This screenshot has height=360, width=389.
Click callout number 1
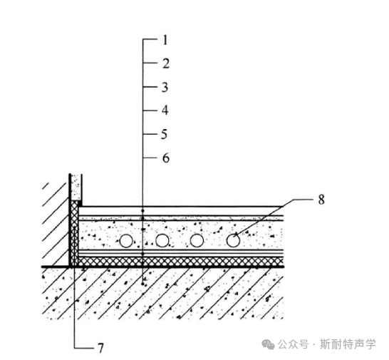point(165,40)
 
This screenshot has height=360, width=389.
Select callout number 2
point(166,63)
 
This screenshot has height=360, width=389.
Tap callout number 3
point(165,88)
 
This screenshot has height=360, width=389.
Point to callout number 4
point(165,110)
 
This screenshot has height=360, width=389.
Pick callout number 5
point(165,134)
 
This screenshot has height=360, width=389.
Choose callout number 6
point(166,158)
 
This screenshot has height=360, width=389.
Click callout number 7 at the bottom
point(100,348)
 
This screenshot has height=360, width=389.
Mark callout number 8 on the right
point(321,200)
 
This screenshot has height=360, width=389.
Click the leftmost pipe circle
point(126,240)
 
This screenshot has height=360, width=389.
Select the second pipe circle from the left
point(162,240)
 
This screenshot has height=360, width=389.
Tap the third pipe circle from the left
point(197,240)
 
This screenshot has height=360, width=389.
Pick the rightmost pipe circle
point(233,240)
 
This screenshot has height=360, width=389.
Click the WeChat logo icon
point(268,345)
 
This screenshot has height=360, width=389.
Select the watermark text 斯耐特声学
point(348,344)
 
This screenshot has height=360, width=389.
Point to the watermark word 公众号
point(293,344)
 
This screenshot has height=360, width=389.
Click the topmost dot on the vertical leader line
point(142,211)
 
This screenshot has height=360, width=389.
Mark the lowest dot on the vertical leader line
point(142,284)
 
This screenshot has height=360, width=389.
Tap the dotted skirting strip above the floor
point(76,187)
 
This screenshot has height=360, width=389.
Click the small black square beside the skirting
point(80,204)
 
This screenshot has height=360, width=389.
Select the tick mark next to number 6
point(150,158)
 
